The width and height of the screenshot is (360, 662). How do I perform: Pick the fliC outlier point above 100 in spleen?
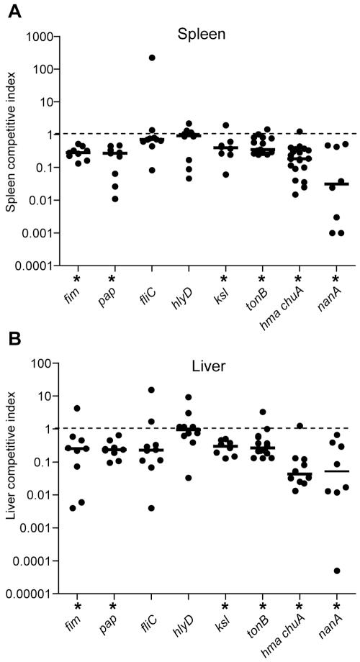pos(171,58)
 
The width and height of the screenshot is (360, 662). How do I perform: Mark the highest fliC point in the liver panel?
pos(171,390)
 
